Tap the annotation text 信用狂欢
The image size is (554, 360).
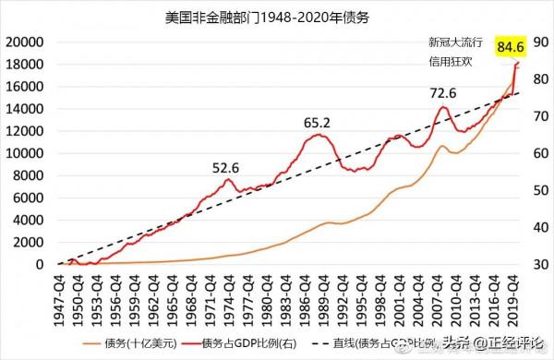pos(452,64)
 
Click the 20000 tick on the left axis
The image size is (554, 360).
pos(25,42)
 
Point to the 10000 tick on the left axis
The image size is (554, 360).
pos(25,153)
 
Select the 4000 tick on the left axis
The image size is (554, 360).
pos(29,221)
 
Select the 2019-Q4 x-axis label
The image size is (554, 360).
pos(512,293)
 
